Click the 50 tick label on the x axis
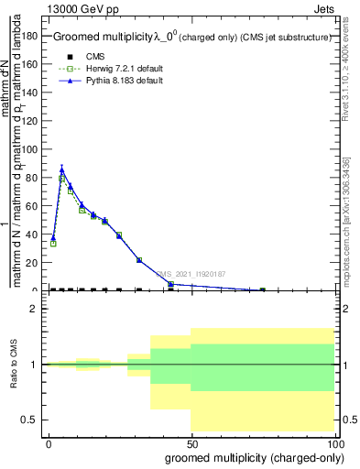click(x=191, y=442)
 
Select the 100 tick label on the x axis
click(x=333, y=442)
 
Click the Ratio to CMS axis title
click(x=15, y=365)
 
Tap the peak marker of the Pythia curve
click(x=61, y=169)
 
